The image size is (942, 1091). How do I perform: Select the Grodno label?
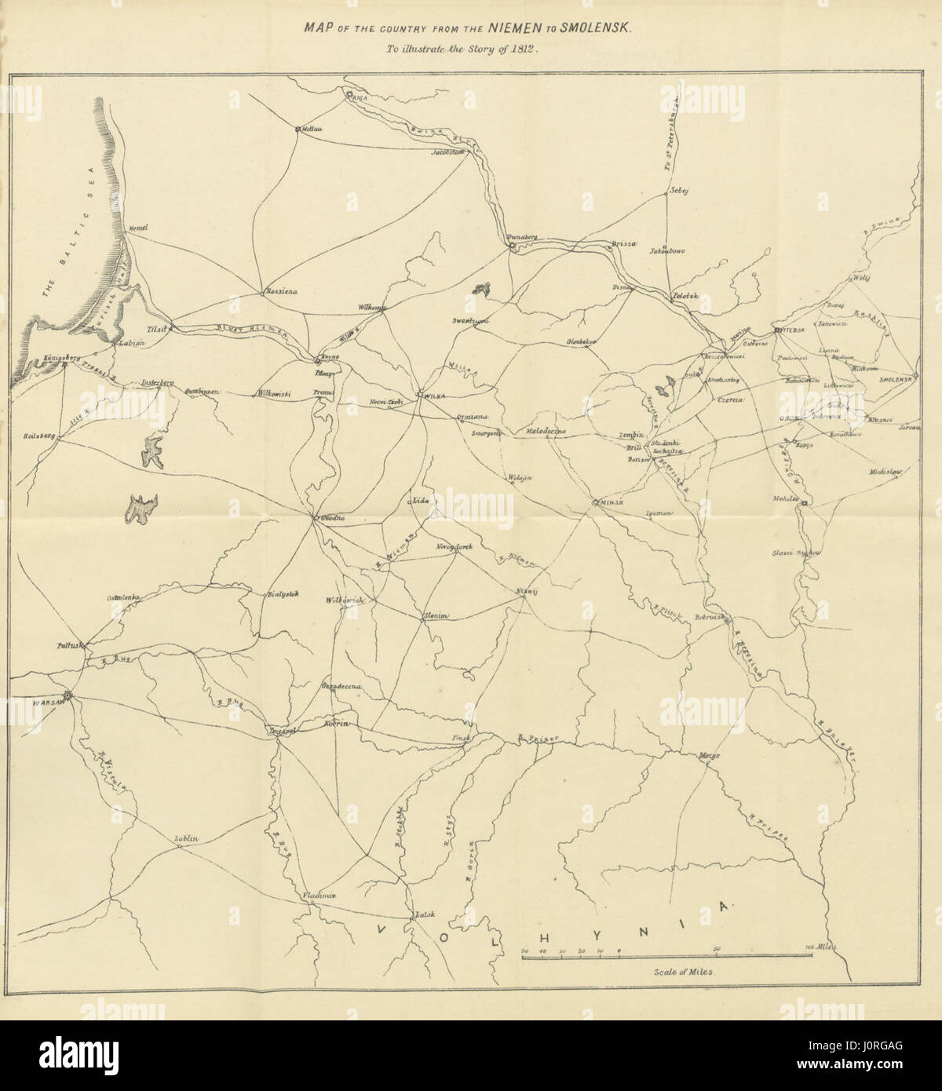(x=330, y=519)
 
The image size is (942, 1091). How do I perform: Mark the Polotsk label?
(x=684, y=297)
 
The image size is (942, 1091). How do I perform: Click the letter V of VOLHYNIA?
(x=382, y=929)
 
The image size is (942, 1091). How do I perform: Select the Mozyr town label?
(x=710, y=755)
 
